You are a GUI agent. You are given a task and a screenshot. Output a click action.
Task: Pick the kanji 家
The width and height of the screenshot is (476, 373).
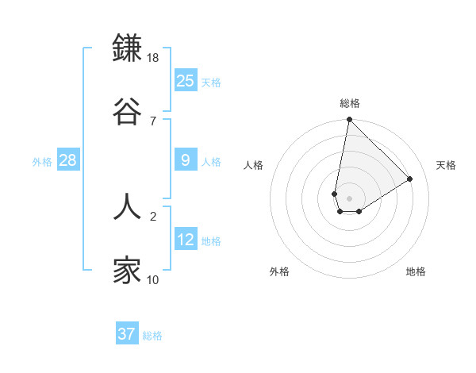pyautogui.click(x=127, y=271)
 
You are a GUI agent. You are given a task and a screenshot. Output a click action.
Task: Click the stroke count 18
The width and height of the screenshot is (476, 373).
pyautogui.click(x=153, y=59)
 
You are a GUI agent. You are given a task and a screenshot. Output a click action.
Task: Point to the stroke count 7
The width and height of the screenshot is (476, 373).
pyautogui.click(x=152, y=121)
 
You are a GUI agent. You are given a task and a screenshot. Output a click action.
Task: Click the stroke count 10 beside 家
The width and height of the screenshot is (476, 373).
pyautogui.click(x=153, y=279)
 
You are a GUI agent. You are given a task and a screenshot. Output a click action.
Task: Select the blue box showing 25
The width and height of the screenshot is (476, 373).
pyautogui.click(x=185, y=81)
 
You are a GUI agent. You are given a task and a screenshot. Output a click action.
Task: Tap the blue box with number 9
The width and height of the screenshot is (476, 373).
pyautogui.click(x=185, y=161)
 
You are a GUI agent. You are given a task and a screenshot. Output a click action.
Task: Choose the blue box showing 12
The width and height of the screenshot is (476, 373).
pyautogui.click(x=185, y=240)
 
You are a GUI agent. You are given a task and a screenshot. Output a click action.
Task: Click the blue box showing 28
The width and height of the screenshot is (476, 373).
pyautogui.click(x=67, y=161)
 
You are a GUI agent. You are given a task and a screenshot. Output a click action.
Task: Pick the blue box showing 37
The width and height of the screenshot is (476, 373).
pyautogui.click(x=126, y=334)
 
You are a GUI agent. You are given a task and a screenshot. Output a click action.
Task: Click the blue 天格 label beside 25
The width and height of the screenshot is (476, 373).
pyautogui.click(x=211, y=83)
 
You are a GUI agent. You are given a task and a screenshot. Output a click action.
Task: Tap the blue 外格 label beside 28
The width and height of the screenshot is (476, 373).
pyautogui.click(x=42, y=162)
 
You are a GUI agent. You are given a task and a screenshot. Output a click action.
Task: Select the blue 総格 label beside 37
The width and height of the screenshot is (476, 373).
pyautogui.click(x=152, y=336)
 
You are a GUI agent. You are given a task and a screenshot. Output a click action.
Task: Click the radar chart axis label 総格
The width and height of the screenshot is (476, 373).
pyautogui.click(x=350, y=103)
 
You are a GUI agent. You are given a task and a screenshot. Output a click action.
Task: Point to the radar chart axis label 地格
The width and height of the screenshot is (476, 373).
pyautogui.click(x=416, y=271)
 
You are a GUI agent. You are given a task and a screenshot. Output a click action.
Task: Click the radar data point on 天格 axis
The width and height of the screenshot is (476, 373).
pyautogui.click(x=409, y=179)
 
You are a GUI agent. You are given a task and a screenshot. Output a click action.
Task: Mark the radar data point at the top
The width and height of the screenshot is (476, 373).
pyautogui.click(x=349, y=121)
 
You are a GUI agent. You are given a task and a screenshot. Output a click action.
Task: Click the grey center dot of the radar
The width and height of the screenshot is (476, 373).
pyautogui.click(x=349, y=198)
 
